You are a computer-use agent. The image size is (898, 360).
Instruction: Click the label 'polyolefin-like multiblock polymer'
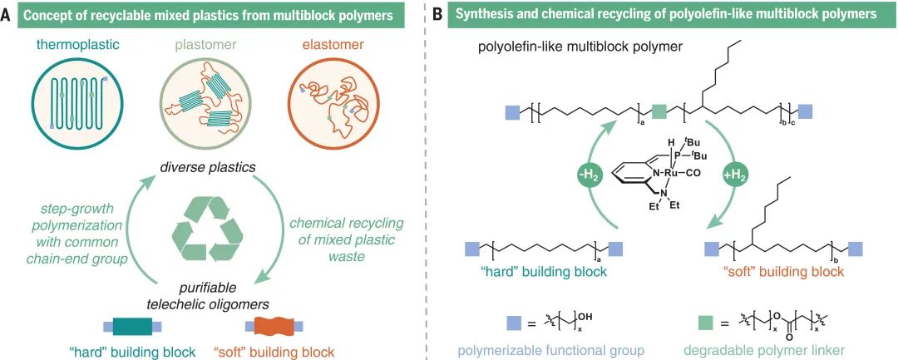point(580,48)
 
